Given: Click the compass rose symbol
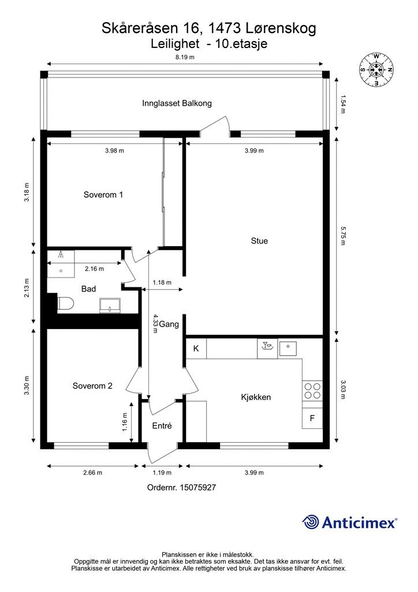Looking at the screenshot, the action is tap(376, 69).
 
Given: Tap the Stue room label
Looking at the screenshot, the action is tap(259, 241).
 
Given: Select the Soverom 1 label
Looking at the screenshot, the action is tap(103, 195).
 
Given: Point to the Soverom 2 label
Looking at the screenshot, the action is tap(93, 386).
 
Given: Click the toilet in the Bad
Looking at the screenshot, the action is tap(66, 304).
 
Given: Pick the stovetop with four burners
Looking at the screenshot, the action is tap(312, 391).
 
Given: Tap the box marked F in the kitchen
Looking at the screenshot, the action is tap(312, 419).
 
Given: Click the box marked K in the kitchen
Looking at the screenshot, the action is tap(196, 349).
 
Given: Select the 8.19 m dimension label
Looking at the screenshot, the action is tap(185, 57).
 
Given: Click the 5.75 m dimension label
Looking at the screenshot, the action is tap(343, 236).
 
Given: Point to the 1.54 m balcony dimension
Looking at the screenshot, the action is tap(343, 104).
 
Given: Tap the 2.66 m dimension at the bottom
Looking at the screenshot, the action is tap(93, 473).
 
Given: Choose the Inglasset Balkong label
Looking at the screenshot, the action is tap(177, 103).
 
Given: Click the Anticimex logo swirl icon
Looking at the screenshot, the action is tap(311, 522).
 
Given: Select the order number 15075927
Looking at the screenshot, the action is tap(198, 487).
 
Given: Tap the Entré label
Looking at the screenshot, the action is tap(162, 426).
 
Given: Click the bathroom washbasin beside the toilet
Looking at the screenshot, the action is tap(110, 305).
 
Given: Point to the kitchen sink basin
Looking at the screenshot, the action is tap(288, 349).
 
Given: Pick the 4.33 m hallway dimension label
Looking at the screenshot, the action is tap(155, 324).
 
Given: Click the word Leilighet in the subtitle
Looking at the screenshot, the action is tap(175, 44).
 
